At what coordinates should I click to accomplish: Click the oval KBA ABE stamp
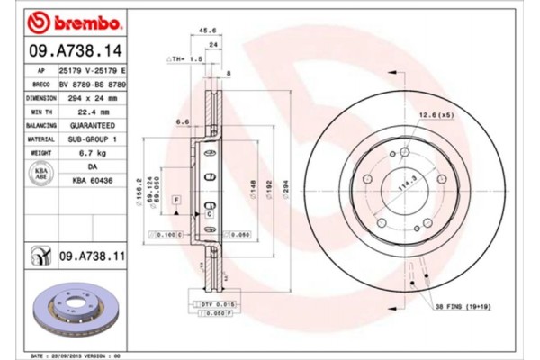point(41,174)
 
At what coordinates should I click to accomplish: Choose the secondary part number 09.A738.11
point(94,257)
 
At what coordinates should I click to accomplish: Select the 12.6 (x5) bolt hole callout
point(436,115)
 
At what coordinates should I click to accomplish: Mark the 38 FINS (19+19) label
point(463,308)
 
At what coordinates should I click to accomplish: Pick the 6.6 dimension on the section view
point(181,121)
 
